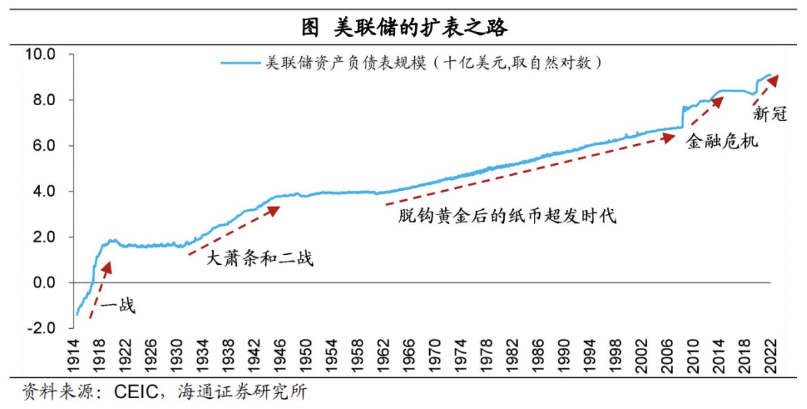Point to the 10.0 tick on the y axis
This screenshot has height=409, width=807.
pos(40,54)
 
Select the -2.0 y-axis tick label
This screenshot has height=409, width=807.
pos(40,328)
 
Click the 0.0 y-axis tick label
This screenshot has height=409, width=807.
pos(44,283)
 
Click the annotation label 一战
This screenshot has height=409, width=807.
pos(118,306)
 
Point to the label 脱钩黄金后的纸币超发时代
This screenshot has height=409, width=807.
pos(507,215)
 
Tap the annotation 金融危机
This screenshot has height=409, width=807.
pos(722,141)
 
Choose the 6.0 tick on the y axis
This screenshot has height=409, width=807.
pos(44,146)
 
